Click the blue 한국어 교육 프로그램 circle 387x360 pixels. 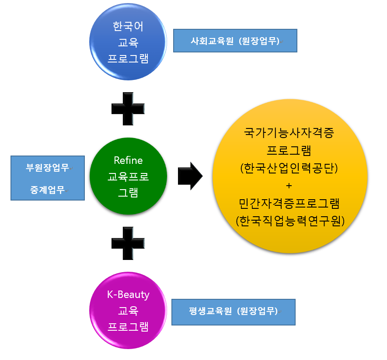tap(128, 42)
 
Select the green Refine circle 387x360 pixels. tap(128, 176)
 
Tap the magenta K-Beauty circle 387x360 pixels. tap(128, 311)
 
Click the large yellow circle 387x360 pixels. tap(289, 176)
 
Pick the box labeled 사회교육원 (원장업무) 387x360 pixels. tap(235, 41)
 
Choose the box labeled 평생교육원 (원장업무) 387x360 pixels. tap(233, 312)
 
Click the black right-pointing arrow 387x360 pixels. tap(190, 176)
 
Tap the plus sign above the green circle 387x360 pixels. tap(128, 109)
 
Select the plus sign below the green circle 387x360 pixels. tap(128, 243)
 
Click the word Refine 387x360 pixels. tap(128, 160)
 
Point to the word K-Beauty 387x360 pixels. tap(128, 294)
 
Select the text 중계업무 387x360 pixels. tap(47, 190)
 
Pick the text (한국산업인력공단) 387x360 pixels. tap(289, 168)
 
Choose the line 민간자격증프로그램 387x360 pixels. tap(289, 203)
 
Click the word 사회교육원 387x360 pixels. tap(211, 41)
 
